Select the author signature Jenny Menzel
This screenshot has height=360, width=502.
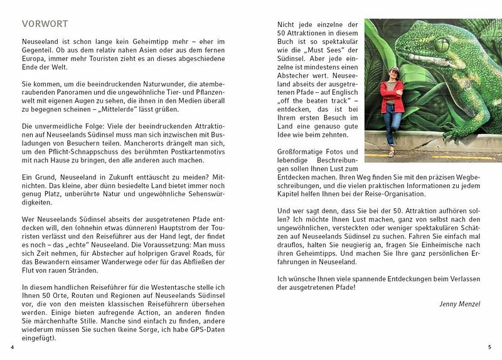pyautogui.click(x=459, y=304)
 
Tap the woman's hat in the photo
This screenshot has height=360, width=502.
pyautogui.click(x=394, y=71)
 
